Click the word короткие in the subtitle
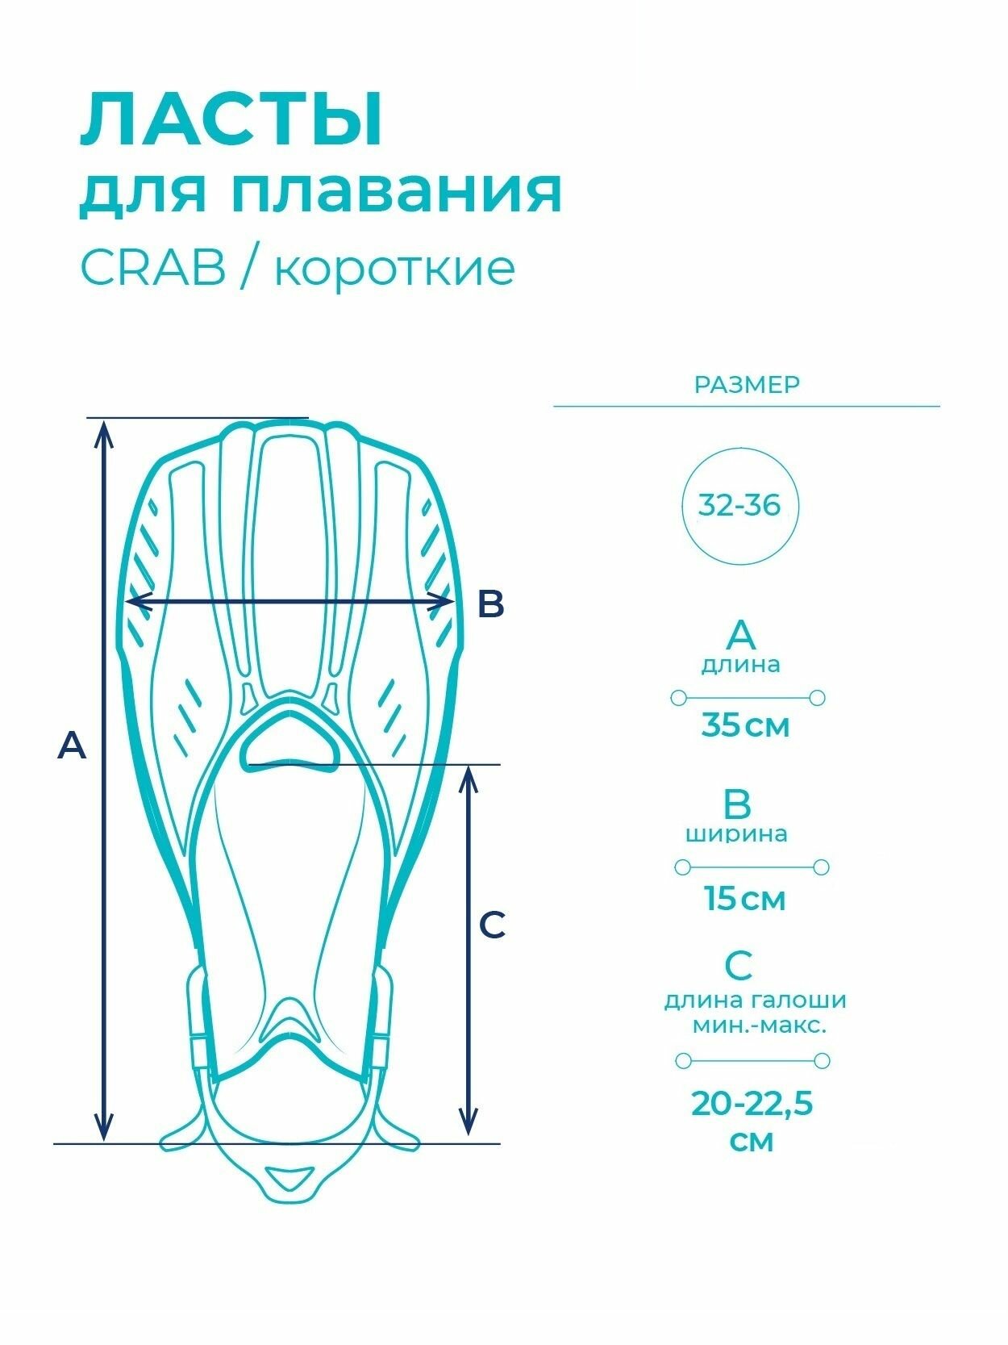[394, 269]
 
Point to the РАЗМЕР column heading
[747, 385]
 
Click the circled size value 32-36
[739, 506]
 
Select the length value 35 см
[745, 726]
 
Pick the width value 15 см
[745, 898]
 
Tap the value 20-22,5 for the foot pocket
[752, 1104]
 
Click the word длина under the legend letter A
[740, 665]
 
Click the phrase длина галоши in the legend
[755, 1000]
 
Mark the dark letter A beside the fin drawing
[72, 746]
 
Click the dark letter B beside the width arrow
[490, 604]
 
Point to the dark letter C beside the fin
[492, 925]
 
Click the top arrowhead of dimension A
[103, 433]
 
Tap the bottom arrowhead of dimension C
[468, 1124]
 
